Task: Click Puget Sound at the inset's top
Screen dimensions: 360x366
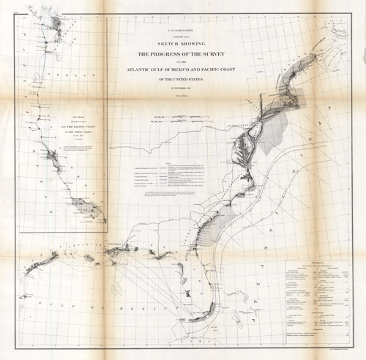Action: [x=51, y=26]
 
